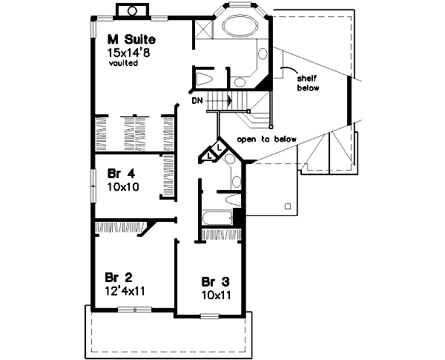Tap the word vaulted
pos(123,63)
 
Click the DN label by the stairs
pos(197,99)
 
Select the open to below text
pos(266,139)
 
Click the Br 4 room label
pos(119,174)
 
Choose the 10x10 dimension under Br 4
pos(122,187)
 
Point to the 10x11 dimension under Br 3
pos(215,295)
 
